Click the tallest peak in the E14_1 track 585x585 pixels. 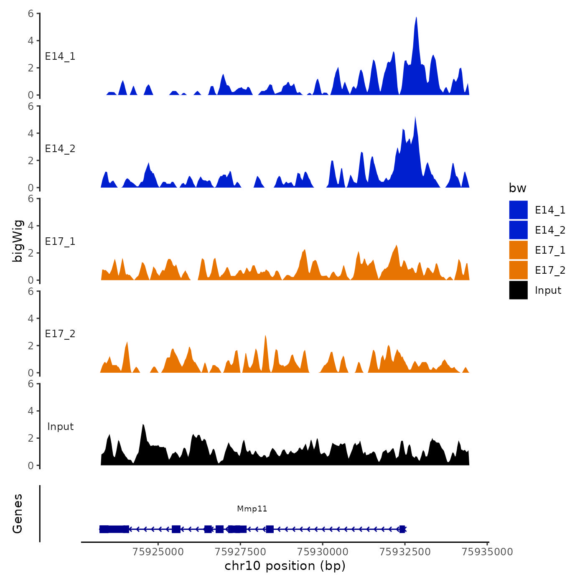coord(416,18)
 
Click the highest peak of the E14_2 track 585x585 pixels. coord(415,118)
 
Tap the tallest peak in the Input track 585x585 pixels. coord(143,425)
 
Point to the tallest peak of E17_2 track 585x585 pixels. coord(265,337)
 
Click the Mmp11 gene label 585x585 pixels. coord(252,509)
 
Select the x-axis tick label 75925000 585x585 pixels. coord(158,552)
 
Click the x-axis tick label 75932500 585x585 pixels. coord(404,552)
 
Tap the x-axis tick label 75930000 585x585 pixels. coord(323,552)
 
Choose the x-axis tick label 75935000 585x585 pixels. coord(487,552)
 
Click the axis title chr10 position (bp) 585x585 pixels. coord(285,566)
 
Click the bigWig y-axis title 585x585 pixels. coord(18,241)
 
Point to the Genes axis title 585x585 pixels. coord(18,514)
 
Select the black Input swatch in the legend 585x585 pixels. coord(518,290)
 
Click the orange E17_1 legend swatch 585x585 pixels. coord(518,250)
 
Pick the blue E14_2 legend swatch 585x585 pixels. coord(518,230)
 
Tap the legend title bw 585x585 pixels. coord(517,188)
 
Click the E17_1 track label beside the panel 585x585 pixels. coord(60,242)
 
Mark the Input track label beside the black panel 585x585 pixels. coord(60,426)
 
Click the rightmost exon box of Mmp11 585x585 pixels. coord(402,529)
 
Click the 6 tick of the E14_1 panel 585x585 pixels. coord(31,14)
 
